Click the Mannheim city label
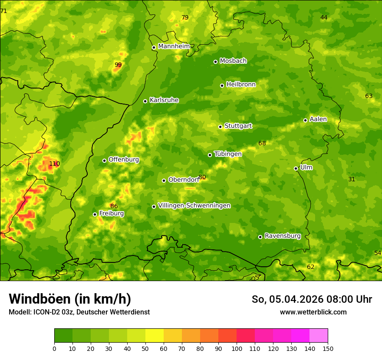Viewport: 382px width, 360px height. click(x=174, y=46)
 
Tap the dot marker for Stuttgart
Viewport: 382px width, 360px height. click(x=221, y=127)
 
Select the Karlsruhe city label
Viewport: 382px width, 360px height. click(x=164, y=100)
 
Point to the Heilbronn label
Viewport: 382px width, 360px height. click(x=241, y=85)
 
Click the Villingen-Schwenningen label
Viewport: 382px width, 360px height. click(x=194, y=206)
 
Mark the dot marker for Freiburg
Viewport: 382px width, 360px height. click(x=95, y=214)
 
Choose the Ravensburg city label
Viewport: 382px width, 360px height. click(x=283, y=236)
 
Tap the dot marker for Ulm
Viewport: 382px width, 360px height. click(x=296, y=168)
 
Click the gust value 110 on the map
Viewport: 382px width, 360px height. click(x=54, y=164)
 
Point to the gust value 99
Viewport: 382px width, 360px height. click(x=118, y=65)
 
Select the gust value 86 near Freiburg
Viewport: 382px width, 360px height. click(x=114, y=206)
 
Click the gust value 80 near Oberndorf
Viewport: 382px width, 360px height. click(x=202, y=177)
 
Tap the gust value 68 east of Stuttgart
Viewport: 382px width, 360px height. click(x=262, y=144)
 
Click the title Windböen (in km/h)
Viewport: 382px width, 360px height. click(x=70, y=299)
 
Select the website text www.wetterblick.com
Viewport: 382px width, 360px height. click(x=313, y=312)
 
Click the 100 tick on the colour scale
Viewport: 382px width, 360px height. click(x=237, y=349)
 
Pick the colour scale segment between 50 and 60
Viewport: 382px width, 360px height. click(x=155, y=336)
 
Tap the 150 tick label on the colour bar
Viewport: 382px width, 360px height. click(x=328, y=349)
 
